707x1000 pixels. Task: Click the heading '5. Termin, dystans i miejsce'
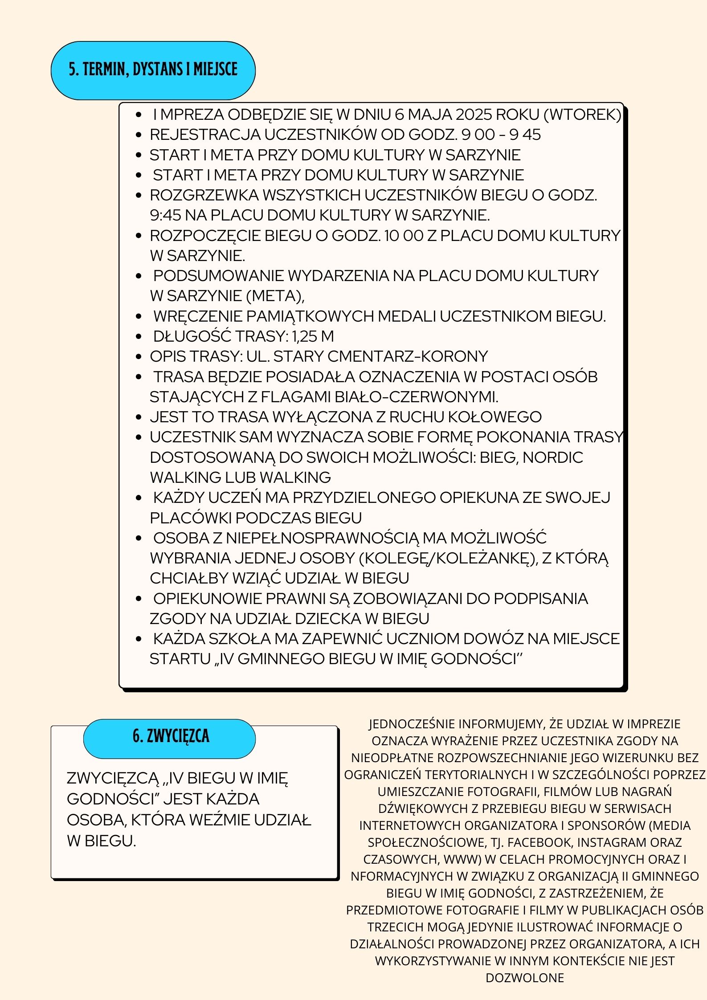(x=153, y=70)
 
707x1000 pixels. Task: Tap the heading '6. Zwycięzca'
(x=171, y=736)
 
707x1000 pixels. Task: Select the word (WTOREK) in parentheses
(x=582, y=115)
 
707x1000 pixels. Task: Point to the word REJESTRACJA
(x=205, y=135)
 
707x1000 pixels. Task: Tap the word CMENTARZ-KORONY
(x=407, y=356)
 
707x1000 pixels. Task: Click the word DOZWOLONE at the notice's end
(x=524, y=978)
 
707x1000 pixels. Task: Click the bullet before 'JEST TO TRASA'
(x=139, y=417)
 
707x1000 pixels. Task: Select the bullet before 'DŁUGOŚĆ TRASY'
(x=139, y=337)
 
